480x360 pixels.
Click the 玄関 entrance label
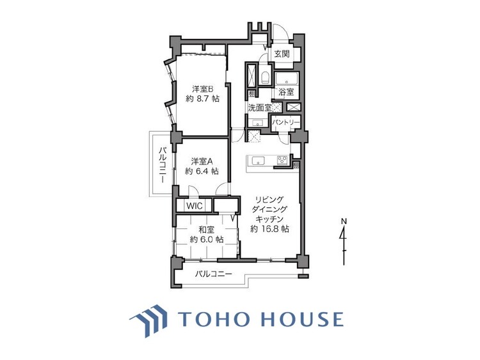click(282, 54)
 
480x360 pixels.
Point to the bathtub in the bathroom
click(286, 79)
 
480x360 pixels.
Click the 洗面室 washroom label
click(259, 108)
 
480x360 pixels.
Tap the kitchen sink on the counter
click(258, 160)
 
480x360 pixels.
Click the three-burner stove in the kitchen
click(282, 160)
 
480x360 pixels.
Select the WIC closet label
click(193, 206)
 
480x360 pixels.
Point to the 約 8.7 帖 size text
click(202, 100)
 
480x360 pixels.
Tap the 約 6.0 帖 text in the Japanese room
click(206, 239)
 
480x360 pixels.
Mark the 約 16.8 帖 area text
click(270, 228)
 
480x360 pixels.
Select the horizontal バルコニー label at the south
click(214, 274)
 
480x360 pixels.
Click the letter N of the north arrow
click(344, 221)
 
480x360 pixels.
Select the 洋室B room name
click(202, 89)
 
